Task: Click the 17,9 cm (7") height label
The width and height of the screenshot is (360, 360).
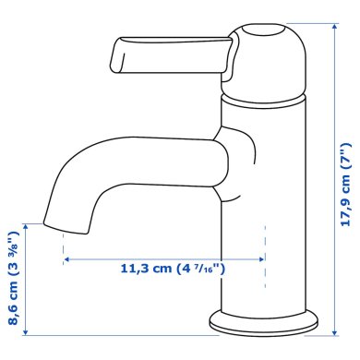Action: [346, 185]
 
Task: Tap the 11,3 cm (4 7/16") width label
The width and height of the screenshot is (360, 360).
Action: [173, 269]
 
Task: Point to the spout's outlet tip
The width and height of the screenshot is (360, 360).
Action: [66, 227]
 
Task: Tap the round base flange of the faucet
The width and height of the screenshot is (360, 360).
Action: [264, 322]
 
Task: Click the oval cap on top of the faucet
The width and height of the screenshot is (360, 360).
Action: [262, 30]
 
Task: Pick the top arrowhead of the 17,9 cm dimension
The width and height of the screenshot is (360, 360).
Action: [334, 27]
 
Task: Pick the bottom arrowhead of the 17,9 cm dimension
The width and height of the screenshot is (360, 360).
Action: [334, 331]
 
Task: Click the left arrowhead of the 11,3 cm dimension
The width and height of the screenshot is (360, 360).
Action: [66, 259]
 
